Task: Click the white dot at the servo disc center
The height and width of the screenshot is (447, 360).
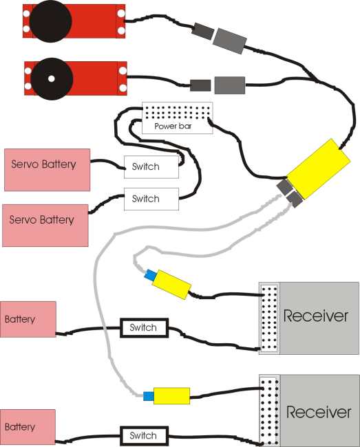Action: click(x=52, y=78)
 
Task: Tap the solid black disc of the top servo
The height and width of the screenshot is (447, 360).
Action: click(x=50, y=21)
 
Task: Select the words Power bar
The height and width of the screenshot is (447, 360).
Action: click(x=173, y=126)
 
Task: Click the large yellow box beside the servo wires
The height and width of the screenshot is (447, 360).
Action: click(x=319, y=168)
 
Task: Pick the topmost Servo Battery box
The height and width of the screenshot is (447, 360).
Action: click(x=47, y=170)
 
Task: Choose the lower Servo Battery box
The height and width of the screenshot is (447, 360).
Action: click(x=45, y=225)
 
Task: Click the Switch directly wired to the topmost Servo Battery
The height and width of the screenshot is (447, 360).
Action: click(x=151, y=167)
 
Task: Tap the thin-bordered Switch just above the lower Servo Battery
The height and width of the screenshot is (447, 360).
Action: click(x=151, y=199)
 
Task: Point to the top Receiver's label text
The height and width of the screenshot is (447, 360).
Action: click(x=316, y=316)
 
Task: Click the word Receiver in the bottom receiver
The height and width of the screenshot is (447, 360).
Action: click(x=319, y=412)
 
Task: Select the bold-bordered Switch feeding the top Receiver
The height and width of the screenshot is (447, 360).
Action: click(x=144, y=328)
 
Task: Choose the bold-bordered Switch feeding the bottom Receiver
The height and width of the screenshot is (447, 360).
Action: click(x=144, y=435)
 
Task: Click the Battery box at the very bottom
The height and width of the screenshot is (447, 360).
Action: click(x=28, y=427)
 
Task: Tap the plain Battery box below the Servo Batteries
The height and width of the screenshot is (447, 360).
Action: click(x=28, y=319)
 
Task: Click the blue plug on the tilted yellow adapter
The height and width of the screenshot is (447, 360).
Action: click(x=150, y=275)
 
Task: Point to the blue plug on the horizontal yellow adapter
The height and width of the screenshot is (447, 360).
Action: click(x=148, y=396)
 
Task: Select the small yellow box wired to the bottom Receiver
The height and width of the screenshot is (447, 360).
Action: click(x=171, y=395)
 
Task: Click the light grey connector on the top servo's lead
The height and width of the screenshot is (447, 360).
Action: click(x=230, y=41)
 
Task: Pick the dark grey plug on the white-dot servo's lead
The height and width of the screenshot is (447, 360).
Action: click(x=200, y=85)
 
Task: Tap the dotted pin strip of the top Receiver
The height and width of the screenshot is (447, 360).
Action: click(x=269, y=318)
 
